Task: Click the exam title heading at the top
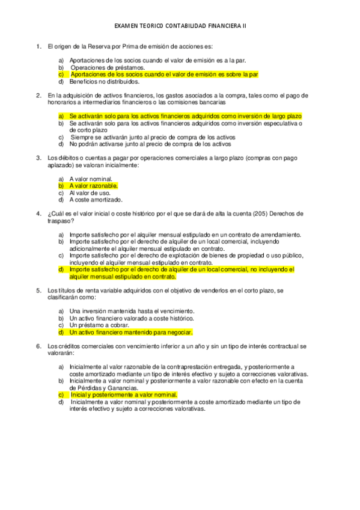(x=180, y=26)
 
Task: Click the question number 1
(x=38, y=46)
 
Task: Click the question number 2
(x=38, y=95)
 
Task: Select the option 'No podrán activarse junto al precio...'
(x=150, y=144)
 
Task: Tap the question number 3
(x=38, y=158)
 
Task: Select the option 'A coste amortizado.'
(x=96, y=200)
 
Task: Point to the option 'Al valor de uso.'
(x=90, y=193)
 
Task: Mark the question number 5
(x=38, y=290)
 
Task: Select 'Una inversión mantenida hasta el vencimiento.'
(x=132, y=311)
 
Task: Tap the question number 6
(x=38, y=346)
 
